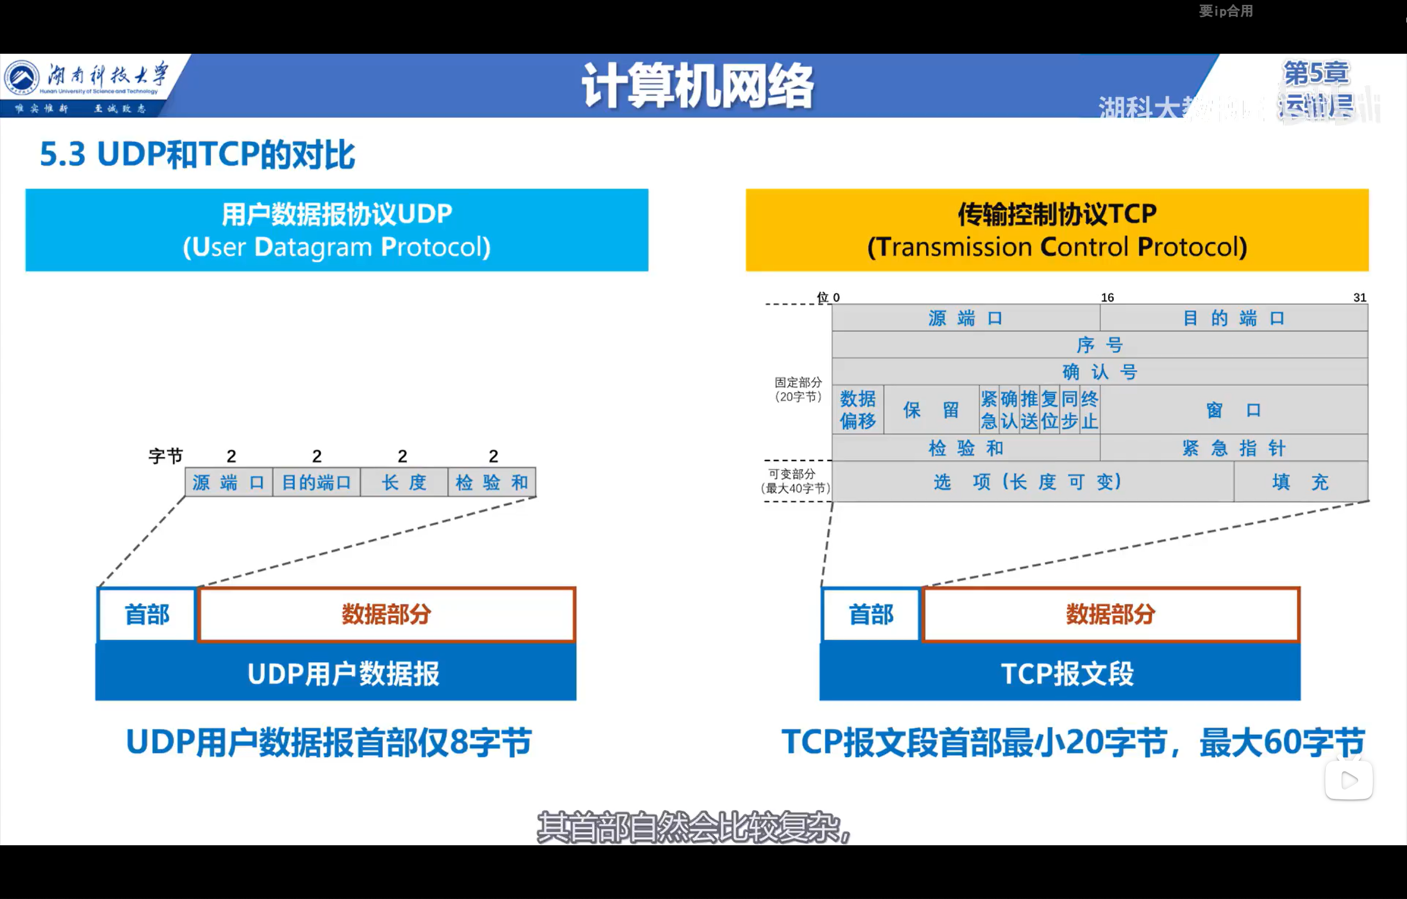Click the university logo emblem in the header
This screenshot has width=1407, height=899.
tap(21, 78)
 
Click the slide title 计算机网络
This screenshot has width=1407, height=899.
tap(698, 86)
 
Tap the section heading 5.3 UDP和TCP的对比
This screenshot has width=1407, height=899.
tap(197, 155)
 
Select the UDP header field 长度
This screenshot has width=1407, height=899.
tap(404, 483)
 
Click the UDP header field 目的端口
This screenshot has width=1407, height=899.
tap(316, 483)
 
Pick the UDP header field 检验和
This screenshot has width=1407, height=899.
tap(491, 483)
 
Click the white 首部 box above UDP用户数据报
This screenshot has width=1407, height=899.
tap(147, 614)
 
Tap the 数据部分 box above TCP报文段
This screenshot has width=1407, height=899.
tap(1110, 614)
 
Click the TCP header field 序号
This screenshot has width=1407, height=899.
tap(1100, 345)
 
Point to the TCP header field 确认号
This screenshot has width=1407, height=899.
tap(1100, 372)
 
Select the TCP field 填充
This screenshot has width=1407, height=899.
tap(1300, 482)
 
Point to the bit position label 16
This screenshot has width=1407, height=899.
tap(1107, 298)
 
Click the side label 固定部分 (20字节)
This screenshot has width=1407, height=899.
tap(798, 389)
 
